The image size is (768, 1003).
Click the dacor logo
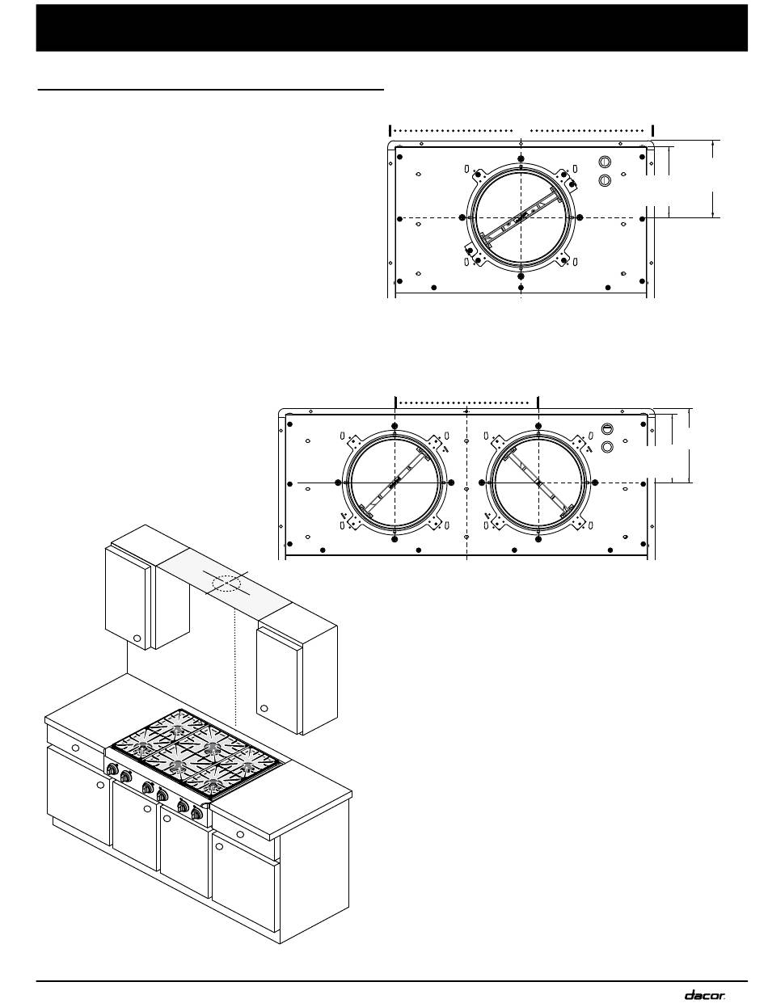coord(705,992)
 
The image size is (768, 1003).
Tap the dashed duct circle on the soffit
coord(226,584)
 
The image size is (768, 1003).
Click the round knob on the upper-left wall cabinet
coord(137,638)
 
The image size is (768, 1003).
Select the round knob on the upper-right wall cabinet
coord(264,708)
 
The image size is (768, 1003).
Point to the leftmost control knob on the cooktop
coord(112,769)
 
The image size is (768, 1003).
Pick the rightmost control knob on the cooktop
coord(196,813)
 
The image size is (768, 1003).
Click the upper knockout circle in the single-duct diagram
coord(605,162)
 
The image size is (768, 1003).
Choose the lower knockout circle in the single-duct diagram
coord(605,180)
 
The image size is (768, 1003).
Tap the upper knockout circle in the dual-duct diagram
coord(607,429)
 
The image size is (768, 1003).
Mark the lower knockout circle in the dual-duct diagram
coord(607,447)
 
